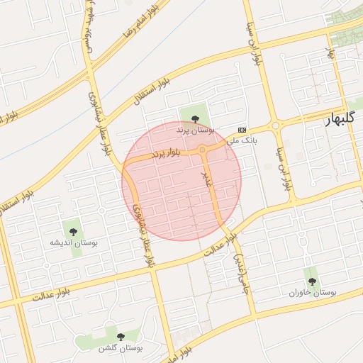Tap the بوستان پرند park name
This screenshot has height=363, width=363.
point(195,130)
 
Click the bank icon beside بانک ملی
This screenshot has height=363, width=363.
point(242,130)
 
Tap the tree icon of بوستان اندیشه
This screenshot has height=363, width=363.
point(74,230)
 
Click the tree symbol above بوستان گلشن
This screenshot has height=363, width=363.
point(120,336)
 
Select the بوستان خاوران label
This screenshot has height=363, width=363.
point(313,292)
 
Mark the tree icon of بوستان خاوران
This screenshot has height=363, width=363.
point(312,281)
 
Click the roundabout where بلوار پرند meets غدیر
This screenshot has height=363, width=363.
point(203,150)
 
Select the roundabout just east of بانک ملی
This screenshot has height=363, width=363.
point(275,125)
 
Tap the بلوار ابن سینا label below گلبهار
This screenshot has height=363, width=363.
point(287,170)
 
